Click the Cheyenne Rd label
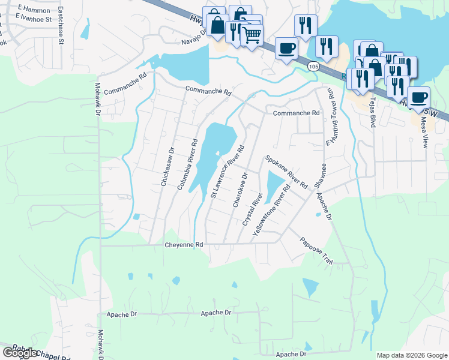pos(184,245)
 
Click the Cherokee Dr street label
pos(240,190)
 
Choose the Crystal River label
pos(253,209)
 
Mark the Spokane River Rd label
pos(286,172)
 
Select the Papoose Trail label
pos(316,250)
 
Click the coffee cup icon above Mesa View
pos(418,97)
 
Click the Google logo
pos(20,353)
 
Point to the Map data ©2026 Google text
pos(412,355)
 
